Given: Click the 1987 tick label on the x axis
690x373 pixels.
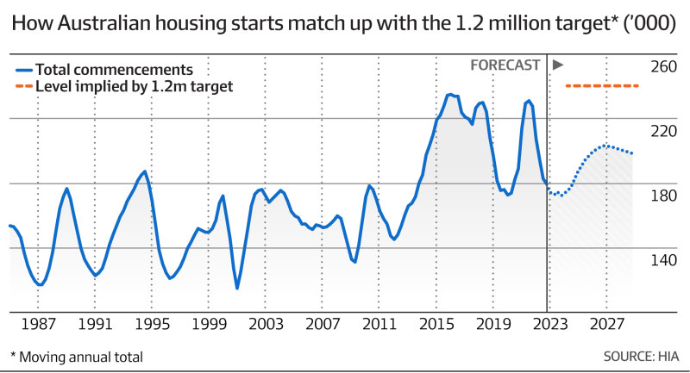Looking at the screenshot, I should [x=38, y=325].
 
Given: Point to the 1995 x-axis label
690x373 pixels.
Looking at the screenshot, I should [x=151, y=325].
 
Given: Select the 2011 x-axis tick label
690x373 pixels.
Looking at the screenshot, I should [x=379, y=325].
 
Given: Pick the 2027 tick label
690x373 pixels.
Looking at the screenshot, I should [x=606, y=325].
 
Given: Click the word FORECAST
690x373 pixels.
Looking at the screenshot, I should [x=505, y=65].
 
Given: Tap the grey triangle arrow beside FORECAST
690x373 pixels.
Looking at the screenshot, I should [x=557, y=65].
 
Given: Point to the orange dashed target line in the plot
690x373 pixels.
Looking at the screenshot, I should [x=601, y=86].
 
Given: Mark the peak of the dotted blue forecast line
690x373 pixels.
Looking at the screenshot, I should [x=606, y=146].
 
